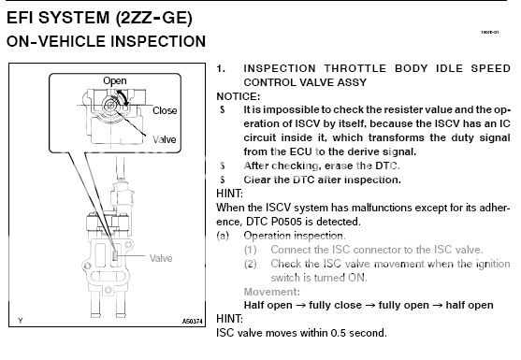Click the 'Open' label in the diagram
click(114, 81)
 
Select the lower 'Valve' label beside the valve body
click(161, 257)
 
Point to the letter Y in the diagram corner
click(18, 322)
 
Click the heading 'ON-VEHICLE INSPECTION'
click(106, 42)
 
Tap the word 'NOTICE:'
click(238, 96)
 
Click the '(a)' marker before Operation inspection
click(224, 237)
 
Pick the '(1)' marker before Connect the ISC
click(252, 251)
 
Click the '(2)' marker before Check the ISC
click(252, 265)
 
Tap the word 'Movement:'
click(271, 292)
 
